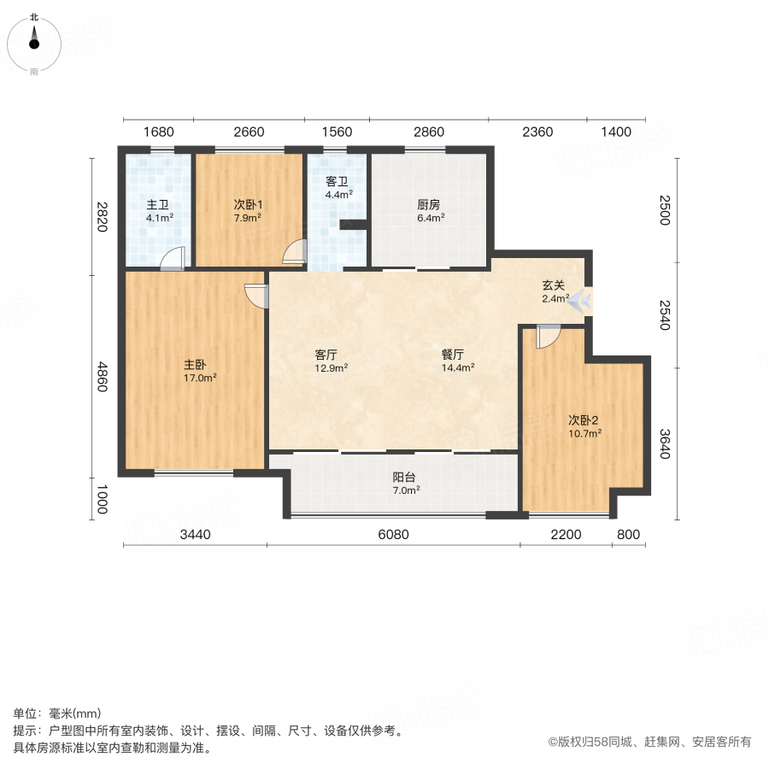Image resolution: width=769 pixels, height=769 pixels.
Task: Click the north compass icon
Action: click(34, 41)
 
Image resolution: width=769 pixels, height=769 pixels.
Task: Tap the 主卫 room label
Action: click(157, 205)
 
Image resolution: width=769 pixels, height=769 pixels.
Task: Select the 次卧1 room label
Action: click(248, 205)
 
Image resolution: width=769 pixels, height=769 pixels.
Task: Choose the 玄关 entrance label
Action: click(554, 286)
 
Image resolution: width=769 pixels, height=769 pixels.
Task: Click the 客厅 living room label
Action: click(327, 355)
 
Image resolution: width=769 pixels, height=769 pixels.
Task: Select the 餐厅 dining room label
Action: click(453, 355)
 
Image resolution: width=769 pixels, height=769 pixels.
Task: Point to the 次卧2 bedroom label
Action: click(584, 420)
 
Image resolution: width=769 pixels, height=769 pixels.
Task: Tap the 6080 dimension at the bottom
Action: click(394, 535)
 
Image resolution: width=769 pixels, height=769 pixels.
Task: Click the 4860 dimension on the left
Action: click(103, 377)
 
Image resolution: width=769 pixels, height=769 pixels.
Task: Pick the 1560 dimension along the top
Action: click(338, 132)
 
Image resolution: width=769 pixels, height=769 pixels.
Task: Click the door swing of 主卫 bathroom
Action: click(173, 258)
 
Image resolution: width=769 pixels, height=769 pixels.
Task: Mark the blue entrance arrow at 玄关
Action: click(582, 300)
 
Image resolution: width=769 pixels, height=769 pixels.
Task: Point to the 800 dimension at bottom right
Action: click(627, 535)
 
